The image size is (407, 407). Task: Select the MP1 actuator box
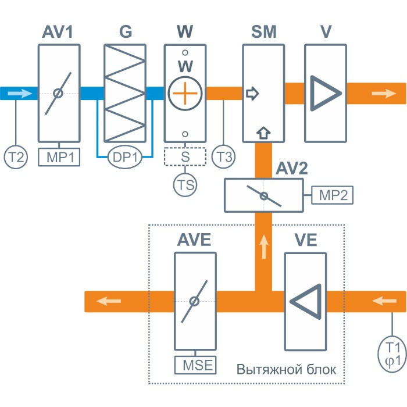tap(59, 157)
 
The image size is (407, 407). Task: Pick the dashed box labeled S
tap(185, 157)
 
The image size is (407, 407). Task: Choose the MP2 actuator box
tap(333, 195)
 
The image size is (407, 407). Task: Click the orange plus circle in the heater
tap(185, 93)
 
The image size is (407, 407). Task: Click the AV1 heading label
tap(58, 32)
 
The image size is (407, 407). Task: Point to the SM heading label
tap(263, 32)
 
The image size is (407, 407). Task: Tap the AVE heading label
tap(195, 240)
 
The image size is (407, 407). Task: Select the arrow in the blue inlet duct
tap(19, 93)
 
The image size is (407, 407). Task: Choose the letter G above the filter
tap(125, 32)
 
